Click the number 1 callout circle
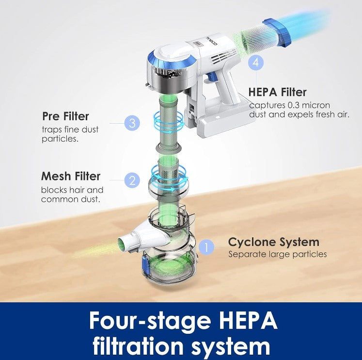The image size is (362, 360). pos(206,247)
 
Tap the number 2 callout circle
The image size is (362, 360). pos(132,180)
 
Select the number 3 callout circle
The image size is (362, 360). pos(132,123)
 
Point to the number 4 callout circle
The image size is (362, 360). pos(256,62)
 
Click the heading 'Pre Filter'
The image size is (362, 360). pos(65,116)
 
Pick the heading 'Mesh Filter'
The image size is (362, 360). pos(71,176)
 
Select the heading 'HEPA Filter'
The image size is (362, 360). pos(278,92)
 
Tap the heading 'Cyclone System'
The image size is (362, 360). pos(274,242)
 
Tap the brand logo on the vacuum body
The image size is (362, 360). pos(211,41)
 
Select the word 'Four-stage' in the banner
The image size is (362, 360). pos(150,321)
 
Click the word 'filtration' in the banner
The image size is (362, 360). pos(138,345)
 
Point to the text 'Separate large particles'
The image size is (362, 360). pos(278,254)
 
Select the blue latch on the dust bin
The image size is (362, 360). pos(146,264)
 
